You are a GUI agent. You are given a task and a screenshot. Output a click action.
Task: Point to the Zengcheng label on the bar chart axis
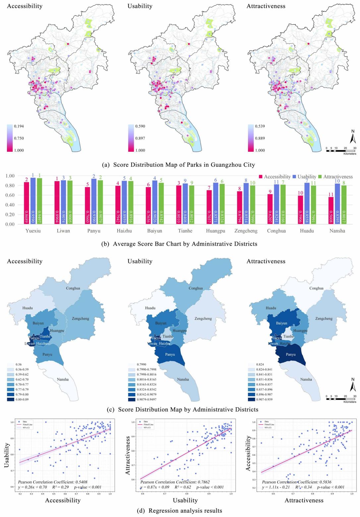coord(246,231)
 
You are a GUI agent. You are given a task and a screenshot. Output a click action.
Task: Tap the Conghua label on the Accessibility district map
coord(73,288)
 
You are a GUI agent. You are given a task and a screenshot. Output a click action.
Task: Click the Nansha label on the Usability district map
coord(183,379)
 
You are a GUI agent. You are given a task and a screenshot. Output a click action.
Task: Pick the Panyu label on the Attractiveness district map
coord(291,354)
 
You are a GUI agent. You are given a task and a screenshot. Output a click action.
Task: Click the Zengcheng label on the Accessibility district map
coord(81,318)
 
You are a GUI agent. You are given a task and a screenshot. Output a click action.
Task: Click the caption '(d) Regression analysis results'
coord(180,511)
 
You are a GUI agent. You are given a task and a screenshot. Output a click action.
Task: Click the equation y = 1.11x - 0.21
coord(278,487)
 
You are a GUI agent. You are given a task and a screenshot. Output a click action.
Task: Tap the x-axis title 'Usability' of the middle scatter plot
coord(185,500)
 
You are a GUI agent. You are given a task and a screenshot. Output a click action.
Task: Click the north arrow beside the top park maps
coord(353,137)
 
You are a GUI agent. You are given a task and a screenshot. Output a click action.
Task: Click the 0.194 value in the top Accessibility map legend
coord(19,126)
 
